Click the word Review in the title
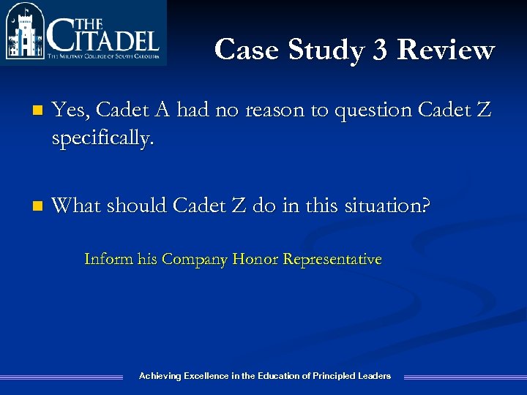coord(446,50)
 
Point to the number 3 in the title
coord(379,50)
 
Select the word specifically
coord(103,139)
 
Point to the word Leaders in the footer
coord(374,376)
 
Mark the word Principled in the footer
coord(334,376)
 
